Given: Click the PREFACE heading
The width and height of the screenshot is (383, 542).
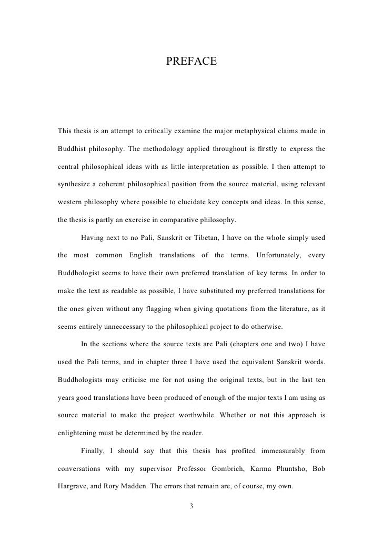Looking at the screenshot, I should [x=191, y=63].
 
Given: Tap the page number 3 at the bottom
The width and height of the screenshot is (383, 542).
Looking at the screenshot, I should [x=191, y=506].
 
